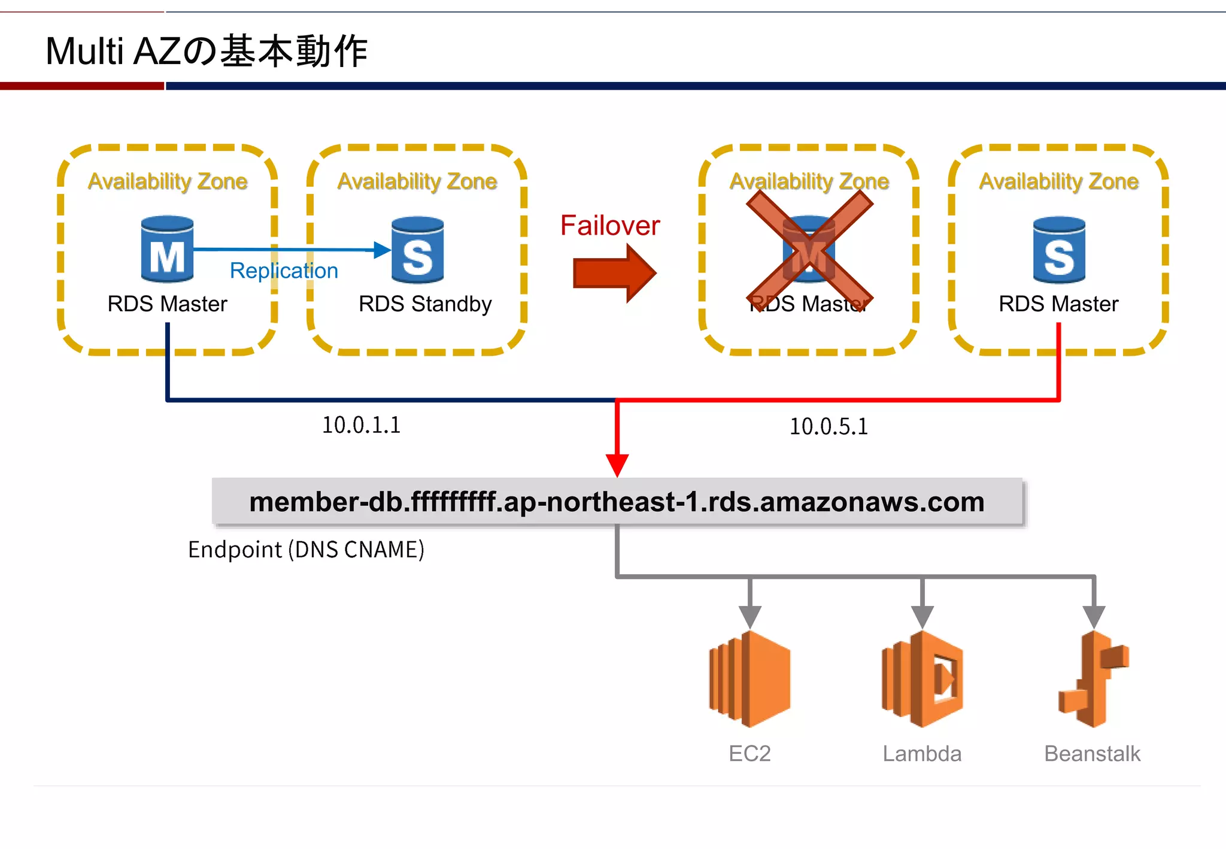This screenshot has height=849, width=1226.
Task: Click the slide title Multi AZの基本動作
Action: coord(206,51)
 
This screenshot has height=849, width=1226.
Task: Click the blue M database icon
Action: coord(167,249)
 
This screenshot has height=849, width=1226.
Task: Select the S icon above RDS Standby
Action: coord(417,250)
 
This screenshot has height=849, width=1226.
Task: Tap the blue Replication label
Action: coord(284,271)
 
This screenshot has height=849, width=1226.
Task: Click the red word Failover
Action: coord(609,226)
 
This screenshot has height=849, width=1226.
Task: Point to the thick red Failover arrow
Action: coord(614,273)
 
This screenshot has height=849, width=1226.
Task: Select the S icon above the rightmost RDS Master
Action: coord(1058,250)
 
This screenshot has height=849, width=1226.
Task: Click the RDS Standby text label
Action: coord(425,304)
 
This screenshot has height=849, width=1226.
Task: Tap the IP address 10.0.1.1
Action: coord(361,425)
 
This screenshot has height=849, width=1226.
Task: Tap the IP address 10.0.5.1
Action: coord(829,427)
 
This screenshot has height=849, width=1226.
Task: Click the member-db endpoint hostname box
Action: coord(617,502)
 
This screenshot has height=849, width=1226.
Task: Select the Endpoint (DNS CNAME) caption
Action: coord(306,550)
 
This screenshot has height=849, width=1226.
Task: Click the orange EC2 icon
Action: coord(749,679)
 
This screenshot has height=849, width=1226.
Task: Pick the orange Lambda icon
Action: coord(922,679)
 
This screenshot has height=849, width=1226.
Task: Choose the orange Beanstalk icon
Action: coord(1093,679)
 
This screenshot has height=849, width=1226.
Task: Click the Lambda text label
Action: coord(922,754)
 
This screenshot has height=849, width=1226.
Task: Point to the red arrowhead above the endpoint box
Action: coord(617,464)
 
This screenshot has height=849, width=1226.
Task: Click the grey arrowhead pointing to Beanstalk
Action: coord(1094,616)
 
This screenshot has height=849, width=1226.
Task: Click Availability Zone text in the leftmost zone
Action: coord(168,181)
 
